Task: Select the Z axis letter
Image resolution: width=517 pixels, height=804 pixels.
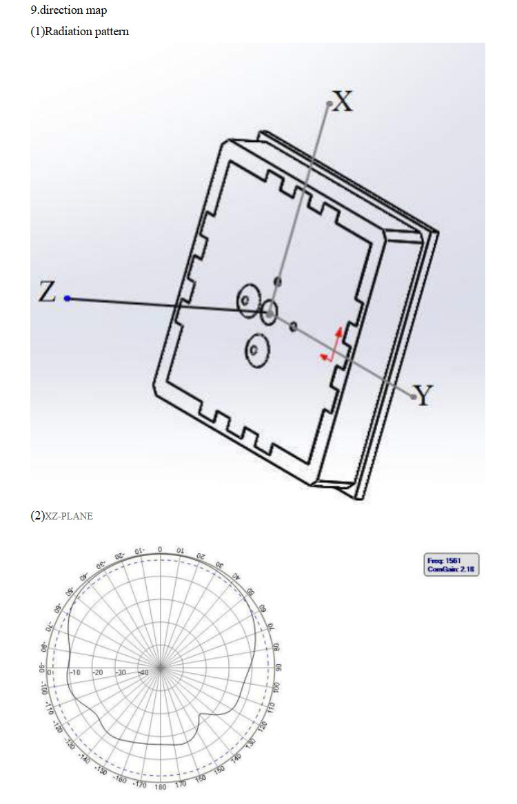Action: [47, 291]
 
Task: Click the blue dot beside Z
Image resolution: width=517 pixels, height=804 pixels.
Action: [68, 298]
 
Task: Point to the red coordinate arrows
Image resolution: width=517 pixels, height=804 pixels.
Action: [332, 346]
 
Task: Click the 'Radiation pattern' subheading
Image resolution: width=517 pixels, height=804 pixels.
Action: [87, 31]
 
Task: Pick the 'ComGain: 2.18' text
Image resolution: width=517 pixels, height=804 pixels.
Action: [452, 569]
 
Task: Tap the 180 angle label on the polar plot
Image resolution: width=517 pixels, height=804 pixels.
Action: [160, 787]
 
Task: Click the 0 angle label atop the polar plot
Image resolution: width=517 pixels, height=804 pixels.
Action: [160, 549]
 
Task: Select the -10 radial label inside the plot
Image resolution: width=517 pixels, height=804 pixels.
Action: [75, 672]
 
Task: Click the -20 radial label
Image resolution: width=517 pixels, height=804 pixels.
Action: [98, 672]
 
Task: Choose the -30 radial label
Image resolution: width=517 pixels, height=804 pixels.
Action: [121, 672]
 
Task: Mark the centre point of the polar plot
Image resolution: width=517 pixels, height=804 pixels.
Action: [160, 668]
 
